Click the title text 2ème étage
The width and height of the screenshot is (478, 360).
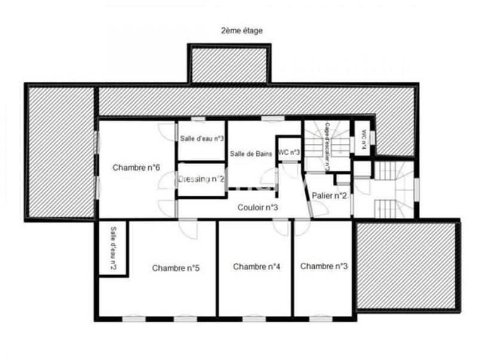pos(241,30)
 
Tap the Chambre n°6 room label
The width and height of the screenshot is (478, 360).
pos(136,168)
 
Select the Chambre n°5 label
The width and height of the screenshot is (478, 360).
pos(175,268)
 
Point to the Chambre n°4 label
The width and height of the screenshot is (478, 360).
pos(256,266)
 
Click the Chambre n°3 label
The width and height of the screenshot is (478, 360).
pos(324,266)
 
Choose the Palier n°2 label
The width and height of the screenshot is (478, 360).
pos(330,196)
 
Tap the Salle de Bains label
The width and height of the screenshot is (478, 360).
pos(252,154)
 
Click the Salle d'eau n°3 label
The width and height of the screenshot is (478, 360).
pos(202,139)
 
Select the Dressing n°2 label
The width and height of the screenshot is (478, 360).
pos(201,179)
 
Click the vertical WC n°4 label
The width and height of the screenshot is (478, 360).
pos(363,139)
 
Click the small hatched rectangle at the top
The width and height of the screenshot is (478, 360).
pos(229,64)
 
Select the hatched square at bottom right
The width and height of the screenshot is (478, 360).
pos(406,265)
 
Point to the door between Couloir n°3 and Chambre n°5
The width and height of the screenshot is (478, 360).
pos(188,227)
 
